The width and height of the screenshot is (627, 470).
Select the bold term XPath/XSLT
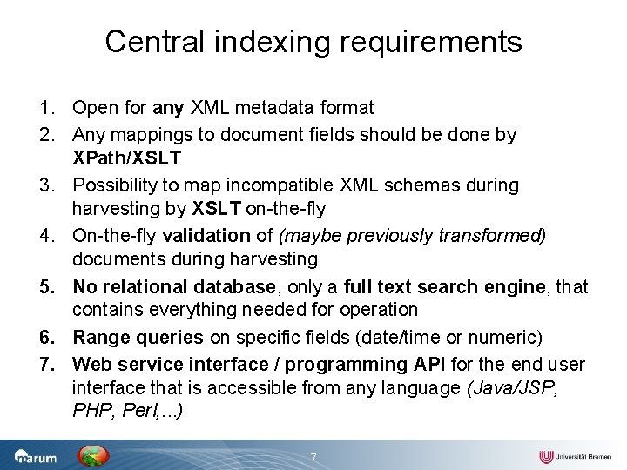coord(126,158)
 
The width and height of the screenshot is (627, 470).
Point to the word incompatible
coord(265,185)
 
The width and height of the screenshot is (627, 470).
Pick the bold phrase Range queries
coord(138,337)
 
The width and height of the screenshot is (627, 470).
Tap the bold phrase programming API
coord(359,363)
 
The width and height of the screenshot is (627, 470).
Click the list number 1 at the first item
coord(44,108)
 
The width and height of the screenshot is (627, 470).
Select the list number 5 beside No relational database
coord(44,286)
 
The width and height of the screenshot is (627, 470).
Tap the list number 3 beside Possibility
coord(44,185)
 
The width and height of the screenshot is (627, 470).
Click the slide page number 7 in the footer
coord(314,458)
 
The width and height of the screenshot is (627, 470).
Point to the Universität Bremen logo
coord(575,456)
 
